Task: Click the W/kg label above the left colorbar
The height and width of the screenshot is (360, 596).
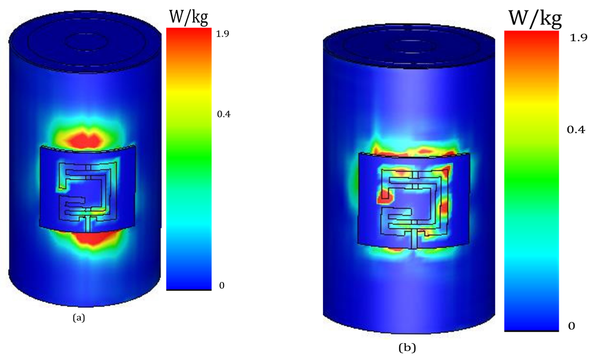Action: pyautogui.click(x=189, y=17)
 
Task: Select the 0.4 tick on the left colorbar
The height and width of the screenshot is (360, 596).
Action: pyautogui.click(x=223, y=115)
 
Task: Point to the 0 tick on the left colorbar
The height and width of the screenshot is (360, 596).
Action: pyautogui.click(x=222, y=286)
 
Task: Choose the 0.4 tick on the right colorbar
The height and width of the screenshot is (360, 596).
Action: pyautogui.click(x=576, y=130)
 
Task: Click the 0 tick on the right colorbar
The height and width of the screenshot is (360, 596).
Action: pyautogui.click(x=572, y=326)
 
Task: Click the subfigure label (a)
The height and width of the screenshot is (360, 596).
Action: pyautogui.click(x=79, y=318)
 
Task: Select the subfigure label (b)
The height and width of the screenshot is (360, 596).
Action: pyautogui.click(x=407, y=347)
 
